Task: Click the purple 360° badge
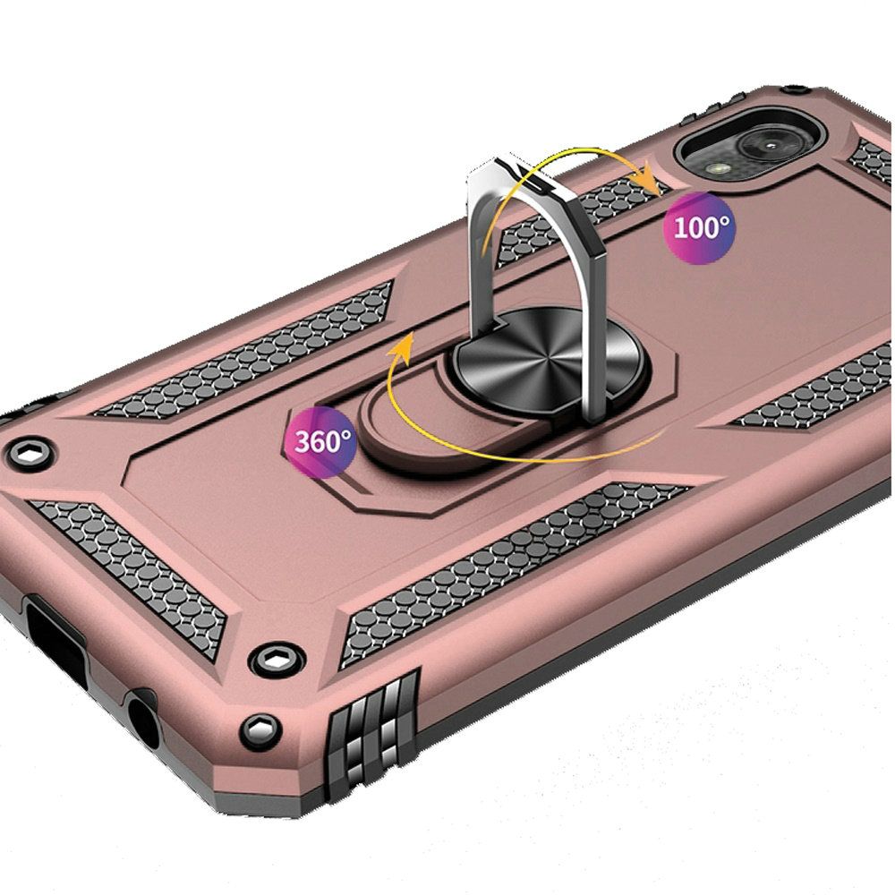(320, 440)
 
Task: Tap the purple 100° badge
(699, 228)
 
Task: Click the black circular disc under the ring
(550, 360)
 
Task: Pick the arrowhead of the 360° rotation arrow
(403, 348)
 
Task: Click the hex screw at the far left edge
(30, 455)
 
